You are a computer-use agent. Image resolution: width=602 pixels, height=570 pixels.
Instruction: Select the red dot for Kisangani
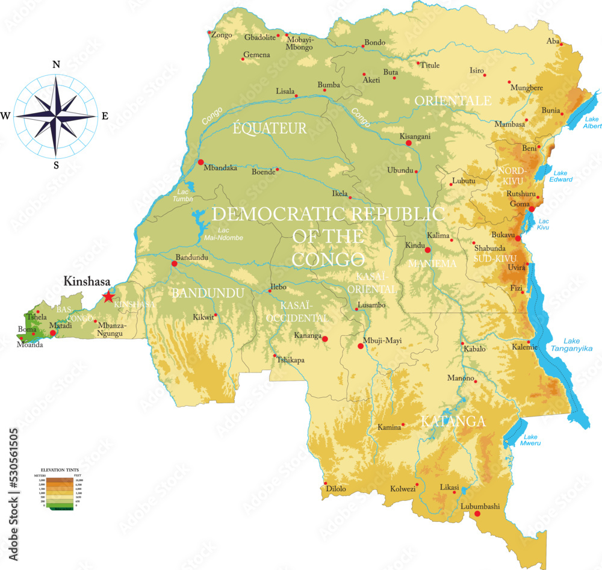[x=409, y=143]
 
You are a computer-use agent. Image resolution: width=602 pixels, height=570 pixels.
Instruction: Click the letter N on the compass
[x=56, y=65]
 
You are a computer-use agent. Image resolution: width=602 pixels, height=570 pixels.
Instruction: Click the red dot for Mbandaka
[x=200, y=162]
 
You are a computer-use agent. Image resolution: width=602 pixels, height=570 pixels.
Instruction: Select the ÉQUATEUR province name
[x=270, y=128]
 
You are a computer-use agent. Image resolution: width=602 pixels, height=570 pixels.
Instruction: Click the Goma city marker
[x=532, y=209]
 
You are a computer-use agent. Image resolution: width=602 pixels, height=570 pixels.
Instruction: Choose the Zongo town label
[x=222, y=35]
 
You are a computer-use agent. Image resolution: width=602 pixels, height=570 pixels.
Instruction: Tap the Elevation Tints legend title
[x=60, y=469]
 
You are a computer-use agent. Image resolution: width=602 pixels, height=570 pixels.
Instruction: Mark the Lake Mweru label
[x=531, y=440]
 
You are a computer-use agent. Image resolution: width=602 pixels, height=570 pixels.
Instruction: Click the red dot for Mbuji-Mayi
[x=361, y=346]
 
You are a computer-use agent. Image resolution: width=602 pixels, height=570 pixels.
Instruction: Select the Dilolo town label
[x=336, y=489]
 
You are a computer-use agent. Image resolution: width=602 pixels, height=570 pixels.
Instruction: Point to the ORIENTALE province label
[x=452, y=101]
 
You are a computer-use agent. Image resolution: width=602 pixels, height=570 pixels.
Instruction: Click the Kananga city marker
[x=325, y=339]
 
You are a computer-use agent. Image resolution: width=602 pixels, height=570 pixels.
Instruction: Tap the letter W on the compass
[x=6, y=116]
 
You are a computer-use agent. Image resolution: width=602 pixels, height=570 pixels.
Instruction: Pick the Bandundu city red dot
[x=175, y=264]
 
